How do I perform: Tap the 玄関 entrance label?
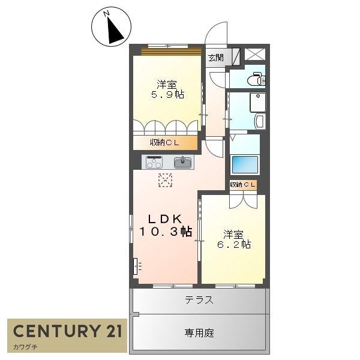pos(215,58)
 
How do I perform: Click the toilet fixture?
pos(257,79)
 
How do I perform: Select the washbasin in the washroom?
pos(260,121)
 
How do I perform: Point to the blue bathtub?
pos(245,164)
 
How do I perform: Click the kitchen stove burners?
pos(154,163)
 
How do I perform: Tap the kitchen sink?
pos(183,163)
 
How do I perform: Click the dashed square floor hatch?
pos(166,180)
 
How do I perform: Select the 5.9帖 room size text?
pos(168,94)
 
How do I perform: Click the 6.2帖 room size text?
pos(234,244)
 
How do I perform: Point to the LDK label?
pos(165,219)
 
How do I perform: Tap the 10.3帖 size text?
pos(166,232)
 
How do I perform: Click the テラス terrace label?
pos(199,300)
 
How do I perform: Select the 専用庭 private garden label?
pos(199,332)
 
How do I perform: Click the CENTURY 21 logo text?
pos(67,331)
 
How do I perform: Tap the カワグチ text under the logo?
pos(25,347)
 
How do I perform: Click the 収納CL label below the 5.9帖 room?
pos(164,143)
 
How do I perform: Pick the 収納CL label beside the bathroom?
pos(242,184)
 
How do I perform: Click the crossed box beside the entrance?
pos(255,55)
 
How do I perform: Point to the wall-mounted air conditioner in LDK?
pos(136,266)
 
